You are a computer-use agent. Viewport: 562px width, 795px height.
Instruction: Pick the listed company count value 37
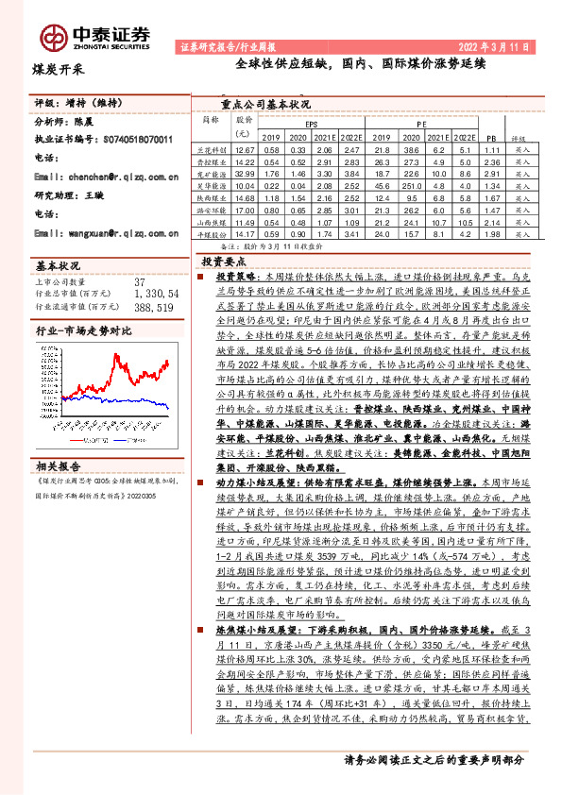(140, 281)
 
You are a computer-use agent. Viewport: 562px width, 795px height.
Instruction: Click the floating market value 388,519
(155, 307)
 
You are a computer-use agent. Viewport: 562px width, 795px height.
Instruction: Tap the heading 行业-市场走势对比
(83, 333)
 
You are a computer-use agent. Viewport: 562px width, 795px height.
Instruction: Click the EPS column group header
(311, 124)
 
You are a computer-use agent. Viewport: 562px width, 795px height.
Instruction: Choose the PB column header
(489, 137)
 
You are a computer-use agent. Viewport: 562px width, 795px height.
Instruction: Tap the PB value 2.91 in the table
(490, 175)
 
